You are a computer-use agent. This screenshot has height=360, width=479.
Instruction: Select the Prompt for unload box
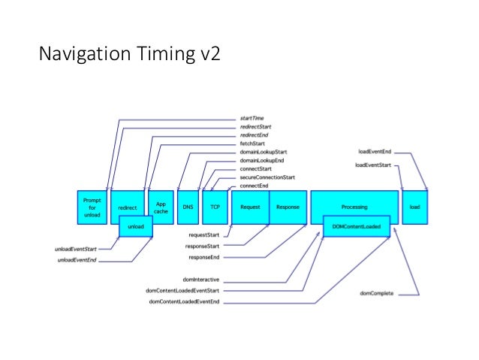click(92, 206)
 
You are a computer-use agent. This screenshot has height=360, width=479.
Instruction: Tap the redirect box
click(127, 206)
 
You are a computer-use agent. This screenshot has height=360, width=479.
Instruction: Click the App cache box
click(160, 206)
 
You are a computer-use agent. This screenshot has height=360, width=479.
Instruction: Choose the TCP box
click(214, 206)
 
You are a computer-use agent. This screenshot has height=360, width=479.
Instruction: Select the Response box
click(287, 206)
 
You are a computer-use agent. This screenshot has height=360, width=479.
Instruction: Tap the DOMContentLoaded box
click(357, 226)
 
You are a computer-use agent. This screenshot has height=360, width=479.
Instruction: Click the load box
click(415, 206)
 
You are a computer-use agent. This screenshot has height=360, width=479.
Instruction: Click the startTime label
click(252, 119)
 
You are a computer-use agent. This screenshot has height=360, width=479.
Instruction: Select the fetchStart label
click(253, 144)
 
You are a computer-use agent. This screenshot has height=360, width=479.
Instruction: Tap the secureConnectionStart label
click(267, 177)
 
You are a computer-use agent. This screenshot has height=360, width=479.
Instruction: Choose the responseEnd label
click(204, 257)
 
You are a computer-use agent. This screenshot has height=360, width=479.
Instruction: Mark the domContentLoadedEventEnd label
click(184, 301)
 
